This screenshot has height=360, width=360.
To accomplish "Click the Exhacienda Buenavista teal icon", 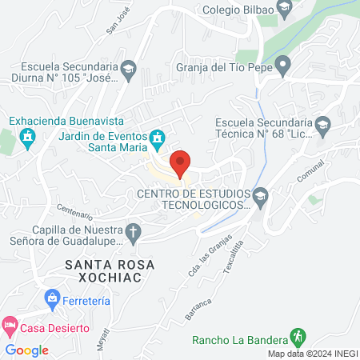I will pyautogui.click(x=29, y=137).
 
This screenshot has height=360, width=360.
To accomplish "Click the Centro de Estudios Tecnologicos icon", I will pyautogui.click(x=260, y=195).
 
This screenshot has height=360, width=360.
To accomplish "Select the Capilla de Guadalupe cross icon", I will pyautogui.click(x=134, y=233).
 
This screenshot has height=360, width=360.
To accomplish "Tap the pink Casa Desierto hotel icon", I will pyautogui.click(x=10, y=326).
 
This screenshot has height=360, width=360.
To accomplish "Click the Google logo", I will pyautogui.click(x=27, y=350).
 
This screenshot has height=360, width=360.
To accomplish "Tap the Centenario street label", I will pyautogui.click(x=74, y=212).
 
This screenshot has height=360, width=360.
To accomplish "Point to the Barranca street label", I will pyautogui.click(x=199, y=307).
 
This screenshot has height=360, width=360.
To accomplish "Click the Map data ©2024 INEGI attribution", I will pyautogui.click(x=312, y=354).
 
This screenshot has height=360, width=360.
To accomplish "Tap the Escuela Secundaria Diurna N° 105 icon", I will pyautogui.click(x=129, y=71).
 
